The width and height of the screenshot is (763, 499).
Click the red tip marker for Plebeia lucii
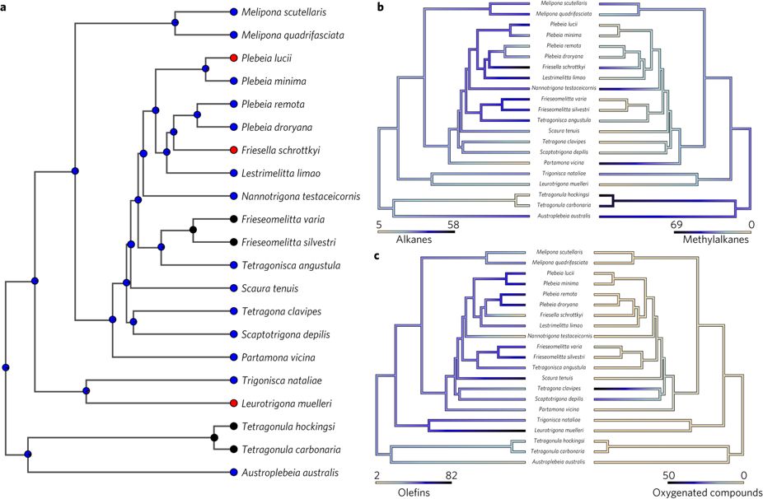pos(234,58)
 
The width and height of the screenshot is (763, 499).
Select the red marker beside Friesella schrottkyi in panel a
pos(234,150)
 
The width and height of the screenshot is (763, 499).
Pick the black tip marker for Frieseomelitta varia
pos(234,219)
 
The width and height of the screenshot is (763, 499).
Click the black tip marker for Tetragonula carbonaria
pos(234,450)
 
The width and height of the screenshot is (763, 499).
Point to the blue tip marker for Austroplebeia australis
pos(234,473)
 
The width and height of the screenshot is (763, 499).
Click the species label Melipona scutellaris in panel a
pos(288,12)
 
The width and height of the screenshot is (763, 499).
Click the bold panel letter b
pos(380,7)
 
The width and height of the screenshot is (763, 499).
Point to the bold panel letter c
pos(378,254)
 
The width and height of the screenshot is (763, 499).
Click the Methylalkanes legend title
pos(717,239)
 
